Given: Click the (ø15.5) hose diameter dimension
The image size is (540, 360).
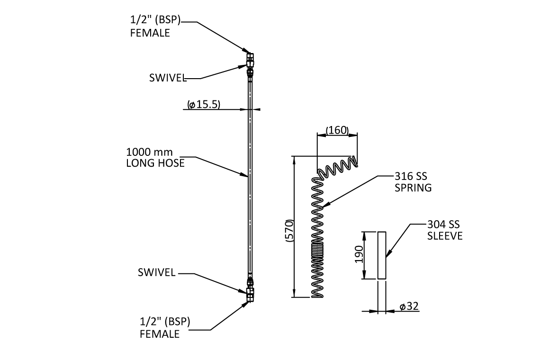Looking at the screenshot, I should click(x=204, y=105).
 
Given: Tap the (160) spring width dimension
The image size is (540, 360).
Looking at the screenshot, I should click(x=337, y=130).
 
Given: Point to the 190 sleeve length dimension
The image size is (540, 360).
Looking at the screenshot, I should click(x=359, y=255).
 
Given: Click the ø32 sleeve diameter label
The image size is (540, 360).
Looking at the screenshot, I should click(x=409, y=306).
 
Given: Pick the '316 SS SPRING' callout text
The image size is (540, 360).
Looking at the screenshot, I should click(x=413, y=182).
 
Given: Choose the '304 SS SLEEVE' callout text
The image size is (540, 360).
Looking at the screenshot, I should click(x=444, y=230).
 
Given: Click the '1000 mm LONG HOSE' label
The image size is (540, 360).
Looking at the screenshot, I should click(x=155, y=158).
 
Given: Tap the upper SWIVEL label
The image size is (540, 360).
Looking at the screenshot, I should click(x=168, y=78).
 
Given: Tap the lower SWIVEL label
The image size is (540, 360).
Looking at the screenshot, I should click(x=157, y=273).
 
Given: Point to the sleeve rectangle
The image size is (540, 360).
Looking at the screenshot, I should click(x=382, y=255).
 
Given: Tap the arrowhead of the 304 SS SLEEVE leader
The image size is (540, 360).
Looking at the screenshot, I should click(x=387, y=256).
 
